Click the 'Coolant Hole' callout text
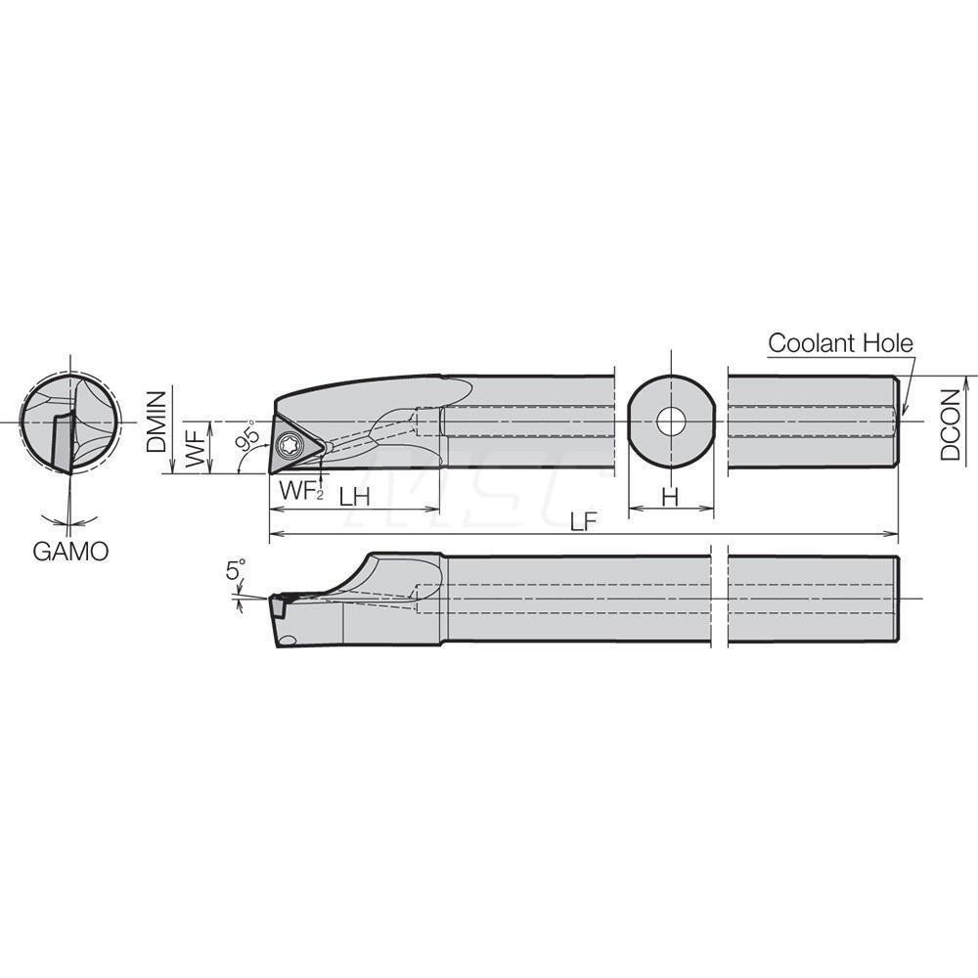(x=839, y=343)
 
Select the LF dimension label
(x=583, y=521)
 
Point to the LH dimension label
(x=354, y=496)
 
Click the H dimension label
(x=671, y=497)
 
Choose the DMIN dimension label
(x=156, y=422)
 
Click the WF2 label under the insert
(x=299, y=492)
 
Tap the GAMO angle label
(x=70, y=551)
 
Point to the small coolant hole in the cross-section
(x=671, y=422)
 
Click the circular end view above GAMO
(x=69, y=422)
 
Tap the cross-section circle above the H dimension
(x=671, y=422)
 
